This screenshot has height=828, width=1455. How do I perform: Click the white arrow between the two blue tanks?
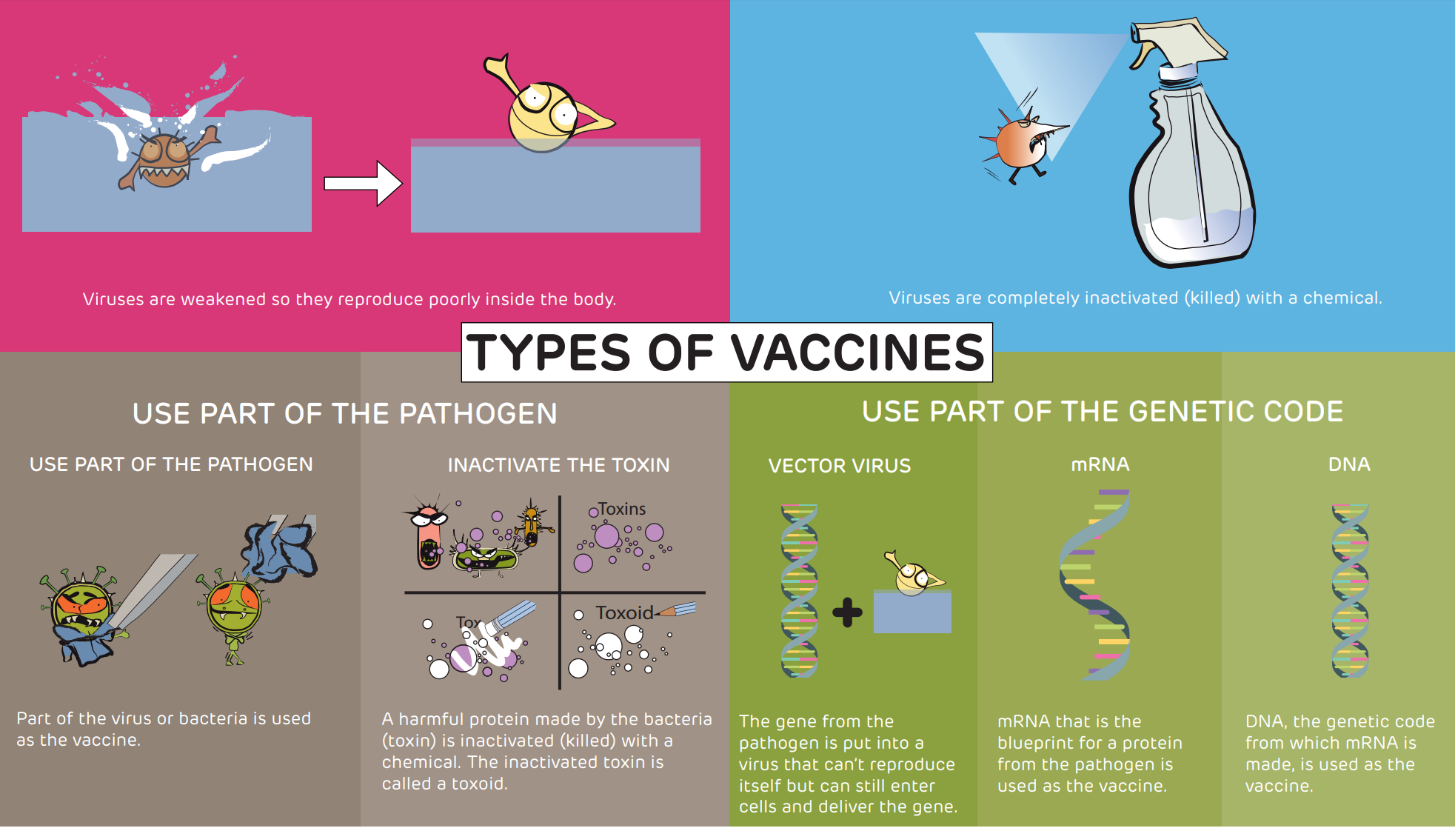tap(363, 183)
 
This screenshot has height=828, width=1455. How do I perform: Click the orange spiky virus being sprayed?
tap(1020, 145)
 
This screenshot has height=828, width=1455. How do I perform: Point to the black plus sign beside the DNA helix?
tap(847, 612)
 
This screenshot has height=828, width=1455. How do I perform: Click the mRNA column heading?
tap(1100, 464)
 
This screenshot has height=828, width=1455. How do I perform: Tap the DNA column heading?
tap(1349, 464)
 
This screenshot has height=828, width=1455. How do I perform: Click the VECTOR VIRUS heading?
tap(840, 466)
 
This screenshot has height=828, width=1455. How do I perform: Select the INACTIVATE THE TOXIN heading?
tap(558, 465)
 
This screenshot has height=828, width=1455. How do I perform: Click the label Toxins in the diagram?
tap(622, 509)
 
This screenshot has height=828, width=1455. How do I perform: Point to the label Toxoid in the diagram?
tap(624, 612)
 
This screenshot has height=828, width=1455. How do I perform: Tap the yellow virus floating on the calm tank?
tap(548, 107)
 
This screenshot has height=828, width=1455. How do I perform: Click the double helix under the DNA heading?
tap(1350, 591)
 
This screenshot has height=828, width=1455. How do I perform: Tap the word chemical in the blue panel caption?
tap(1342, 298)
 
